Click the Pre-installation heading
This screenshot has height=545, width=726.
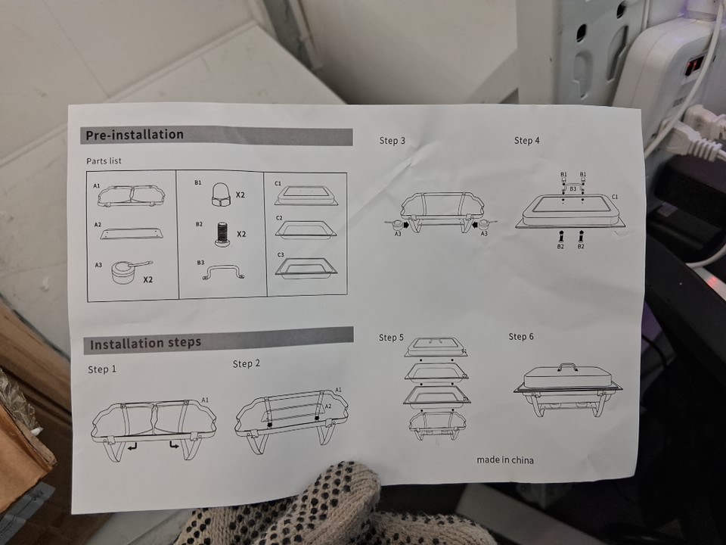pyautogui.click(x=135, y=135)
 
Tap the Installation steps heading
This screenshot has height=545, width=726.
pyautogui.click(x=145, y=344)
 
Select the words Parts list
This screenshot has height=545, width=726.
pyautogui.click(x=104, y=160)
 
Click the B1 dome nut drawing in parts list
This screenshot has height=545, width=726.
pyautogui.click(x=221, y=194)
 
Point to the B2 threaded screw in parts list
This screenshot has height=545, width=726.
pyautogui.click(x=222, y=233)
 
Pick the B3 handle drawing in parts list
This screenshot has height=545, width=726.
pyautogui.click(x=223, y=272)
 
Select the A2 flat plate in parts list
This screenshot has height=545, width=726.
pyautogui.click(x=132, y=233)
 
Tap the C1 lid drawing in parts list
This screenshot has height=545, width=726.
pyautogui.click(x=306, y=195)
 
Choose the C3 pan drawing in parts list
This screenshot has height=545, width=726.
pyautogui.click(x=306, y=268)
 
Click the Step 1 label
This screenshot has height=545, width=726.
pyautogui.click(x=102, y=369)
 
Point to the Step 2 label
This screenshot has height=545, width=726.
pyautogui.click(x=247, y=364)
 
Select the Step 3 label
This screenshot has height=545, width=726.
pyautogui.click(x=392, y=141)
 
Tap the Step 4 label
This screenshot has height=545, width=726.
pyautogui.click(x=527, y=141)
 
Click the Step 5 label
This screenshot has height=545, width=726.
pyautogui.click(x=391, y=338)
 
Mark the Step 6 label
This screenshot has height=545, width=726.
pyautogui.click(x=521, y=336)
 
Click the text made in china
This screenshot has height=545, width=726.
pyautogui.click(x=505, y=460)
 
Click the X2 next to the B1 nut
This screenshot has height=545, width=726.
pyautogui.click(x=240, y=195)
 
